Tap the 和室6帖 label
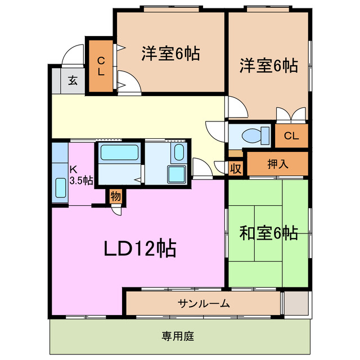[268, 232]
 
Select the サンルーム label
[204, 304]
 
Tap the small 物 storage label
[115, 197]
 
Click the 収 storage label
[236, 168]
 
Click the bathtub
[119, 152]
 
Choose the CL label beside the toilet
[291, 135]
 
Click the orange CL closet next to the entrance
[101, 66]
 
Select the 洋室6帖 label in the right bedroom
[269, 65]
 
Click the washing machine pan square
[177, 174]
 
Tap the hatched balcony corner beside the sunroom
[296, 303]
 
